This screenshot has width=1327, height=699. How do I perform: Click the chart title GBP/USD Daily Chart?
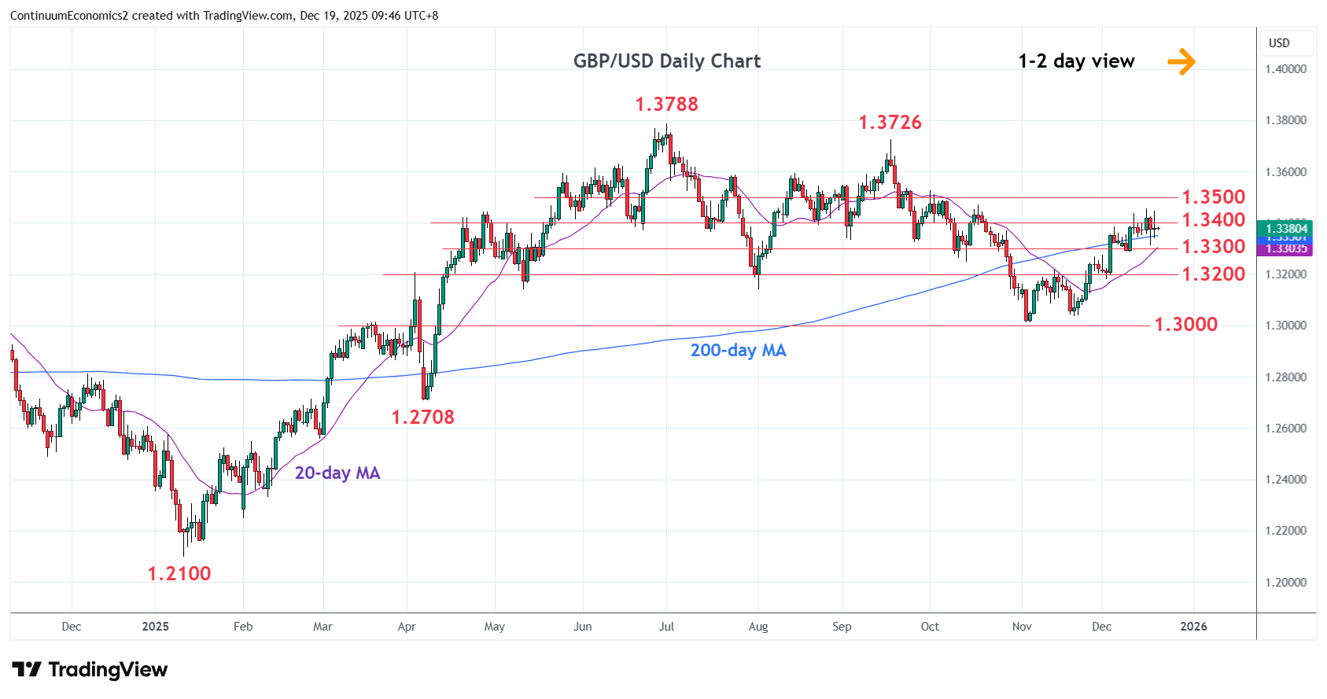[666, 61]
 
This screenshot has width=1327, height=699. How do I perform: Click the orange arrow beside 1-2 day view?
[1181, 61]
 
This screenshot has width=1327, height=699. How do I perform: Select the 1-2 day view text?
[1076, 61]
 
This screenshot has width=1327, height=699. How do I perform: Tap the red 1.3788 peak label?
[666, 104]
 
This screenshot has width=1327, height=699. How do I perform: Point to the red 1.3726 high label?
[890, 122]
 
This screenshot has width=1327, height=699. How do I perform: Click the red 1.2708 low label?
[422, 417]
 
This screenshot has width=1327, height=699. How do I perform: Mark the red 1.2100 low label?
[179, 573]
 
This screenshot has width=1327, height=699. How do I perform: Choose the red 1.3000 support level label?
[1185, 324]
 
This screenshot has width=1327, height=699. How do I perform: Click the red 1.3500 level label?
[1213, 197]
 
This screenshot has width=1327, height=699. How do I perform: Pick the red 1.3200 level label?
[1213, 274]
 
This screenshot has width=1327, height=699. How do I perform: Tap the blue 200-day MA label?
[738, 351]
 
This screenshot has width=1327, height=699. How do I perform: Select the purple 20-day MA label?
[337, 473]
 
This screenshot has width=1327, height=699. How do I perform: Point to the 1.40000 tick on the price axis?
[1285, 69]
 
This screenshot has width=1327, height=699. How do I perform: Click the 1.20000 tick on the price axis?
[1285, 583]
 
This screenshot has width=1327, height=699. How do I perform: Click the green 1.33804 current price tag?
[1286, 229]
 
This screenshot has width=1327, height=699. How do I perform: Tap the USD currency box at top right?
[1279, 43]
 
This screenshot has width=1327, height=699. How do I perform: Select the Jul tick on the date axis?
[666, 627]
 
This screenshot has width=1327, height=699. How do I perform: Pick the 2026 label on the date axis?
[1193, 627]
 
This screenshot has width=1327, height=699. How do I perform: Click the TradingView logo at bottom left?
[90, 670]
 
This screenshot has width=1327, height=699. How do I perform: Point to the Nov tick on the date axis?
[1021, 627]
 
